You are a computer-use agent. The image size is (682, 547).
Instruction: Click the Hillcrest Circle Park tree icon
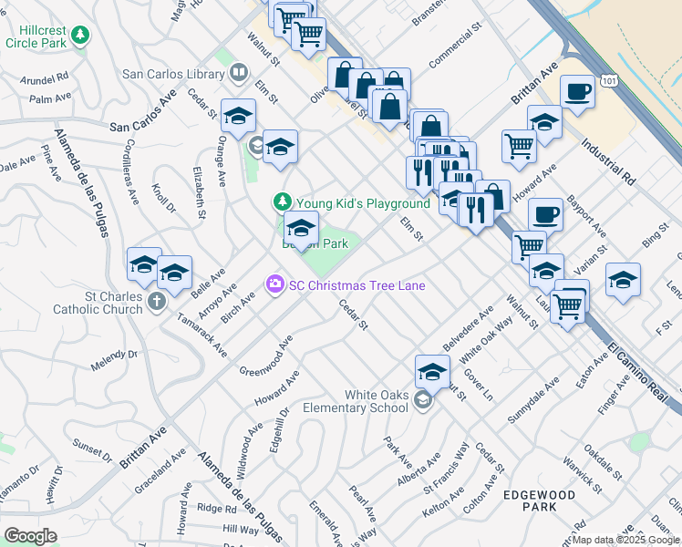tap(82, 35)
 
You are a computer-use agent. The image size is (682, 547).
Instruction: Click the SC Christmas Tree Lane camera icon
tap(274, 285)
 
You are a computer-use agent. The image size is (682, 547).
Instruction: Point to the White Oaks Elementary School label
tap(376, 401)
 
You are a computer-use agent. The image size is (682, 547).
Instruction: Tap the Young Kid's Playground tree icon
tap(283, 202)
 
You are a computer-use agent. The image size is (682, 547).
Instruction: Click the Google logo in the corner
tap(30, 535)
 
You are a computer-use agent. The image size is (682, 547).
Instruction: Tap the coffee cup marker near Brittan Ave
tap(578, 92)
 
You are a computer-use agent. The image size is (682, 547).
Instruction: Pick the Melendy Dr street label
tap(113, 359)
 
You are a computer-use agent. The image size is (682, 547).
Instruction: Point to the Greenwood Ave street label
tap(265, 355)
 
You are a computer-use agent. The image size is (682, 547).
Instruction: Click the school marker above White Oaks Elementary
tap(433, 370)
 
